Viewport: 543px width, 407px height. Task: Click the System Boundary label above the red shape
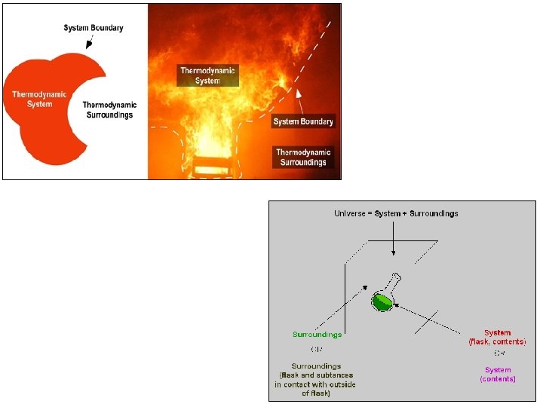pyautogui.click(x=93, y=28)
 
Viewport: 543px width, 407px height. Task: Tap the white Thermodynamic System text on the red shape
pyautogui.click(x=39, y=99)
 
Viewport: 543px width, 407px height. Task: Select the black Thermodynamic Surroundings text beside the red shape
pyautogui.click(x=108, y=109)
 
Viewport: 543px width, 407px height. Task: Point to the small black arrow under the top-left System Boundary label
pyautogui.click(x=90, y=43)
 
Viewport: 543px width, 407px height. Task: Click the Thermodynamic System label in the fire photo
pyautogui.click(x=207, y=75)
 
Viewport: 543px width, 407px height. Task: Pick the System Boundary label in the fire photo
pyautogui.click(x=303, y=121)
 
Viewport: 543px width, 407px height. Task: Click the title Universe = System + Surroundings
pyautogui.click(x=396, y=213)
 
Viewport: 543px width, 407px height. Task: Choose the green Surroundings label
pyautogui.click(x=317, y=334)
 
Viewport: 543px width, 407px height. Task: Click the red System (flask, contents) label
pyautogui.click(x=498, y=337)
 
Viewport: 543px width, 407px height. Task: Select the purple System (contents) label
pyautogui.click(x=498, y=374)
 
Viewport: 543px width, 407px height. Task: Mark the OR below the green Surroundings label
pyautogui.click(x=317, y=349)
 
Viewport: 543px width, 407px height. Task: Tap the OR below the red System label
pyautogui.click(x=499, y=353)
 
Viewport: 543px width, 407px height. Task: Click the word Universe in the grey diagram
pyautogui.click(x=351, y=213)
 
